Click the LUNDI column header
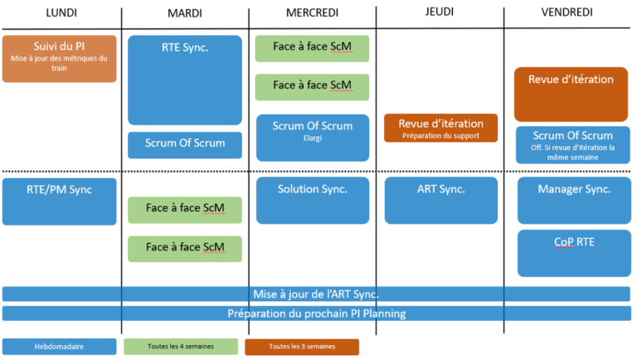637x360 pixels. point(61,12)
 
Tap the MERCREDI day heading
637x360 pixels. point(312,12)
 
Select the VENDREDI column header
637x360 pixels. point(566,12)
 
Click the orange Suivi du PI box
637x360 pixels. point(60,59)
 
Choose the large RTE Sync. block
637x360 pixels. point(185,80)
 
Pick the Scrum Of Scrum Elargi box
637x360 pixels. point(313,138)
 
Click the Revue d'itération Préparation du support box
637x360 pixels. point(440,128)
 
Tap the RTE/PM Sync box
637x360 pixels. point(60,202)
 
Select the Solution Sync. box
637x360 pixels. point(313,200)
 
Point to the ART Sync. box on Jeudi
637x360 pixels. point(441,200)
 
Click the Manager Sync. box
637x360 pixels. point(574,200)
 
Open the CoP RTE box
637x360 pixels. point(574,254)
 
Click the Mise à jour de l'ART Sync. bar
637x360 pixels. point(316,294)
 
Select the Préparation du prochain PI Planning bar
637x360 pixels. point(317,314)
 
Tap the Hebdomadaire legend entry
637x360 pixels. point(60,347)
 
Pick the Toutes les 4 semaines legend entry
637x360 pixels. point(181,347)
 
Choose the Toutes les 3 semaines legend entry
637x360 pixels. point(302,347)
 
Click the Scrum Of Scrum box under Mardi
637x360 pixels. point(185,145)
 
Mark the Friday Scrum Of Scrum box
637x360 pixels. point(573,145)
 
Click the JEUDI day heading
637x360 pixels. point(439,12)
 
